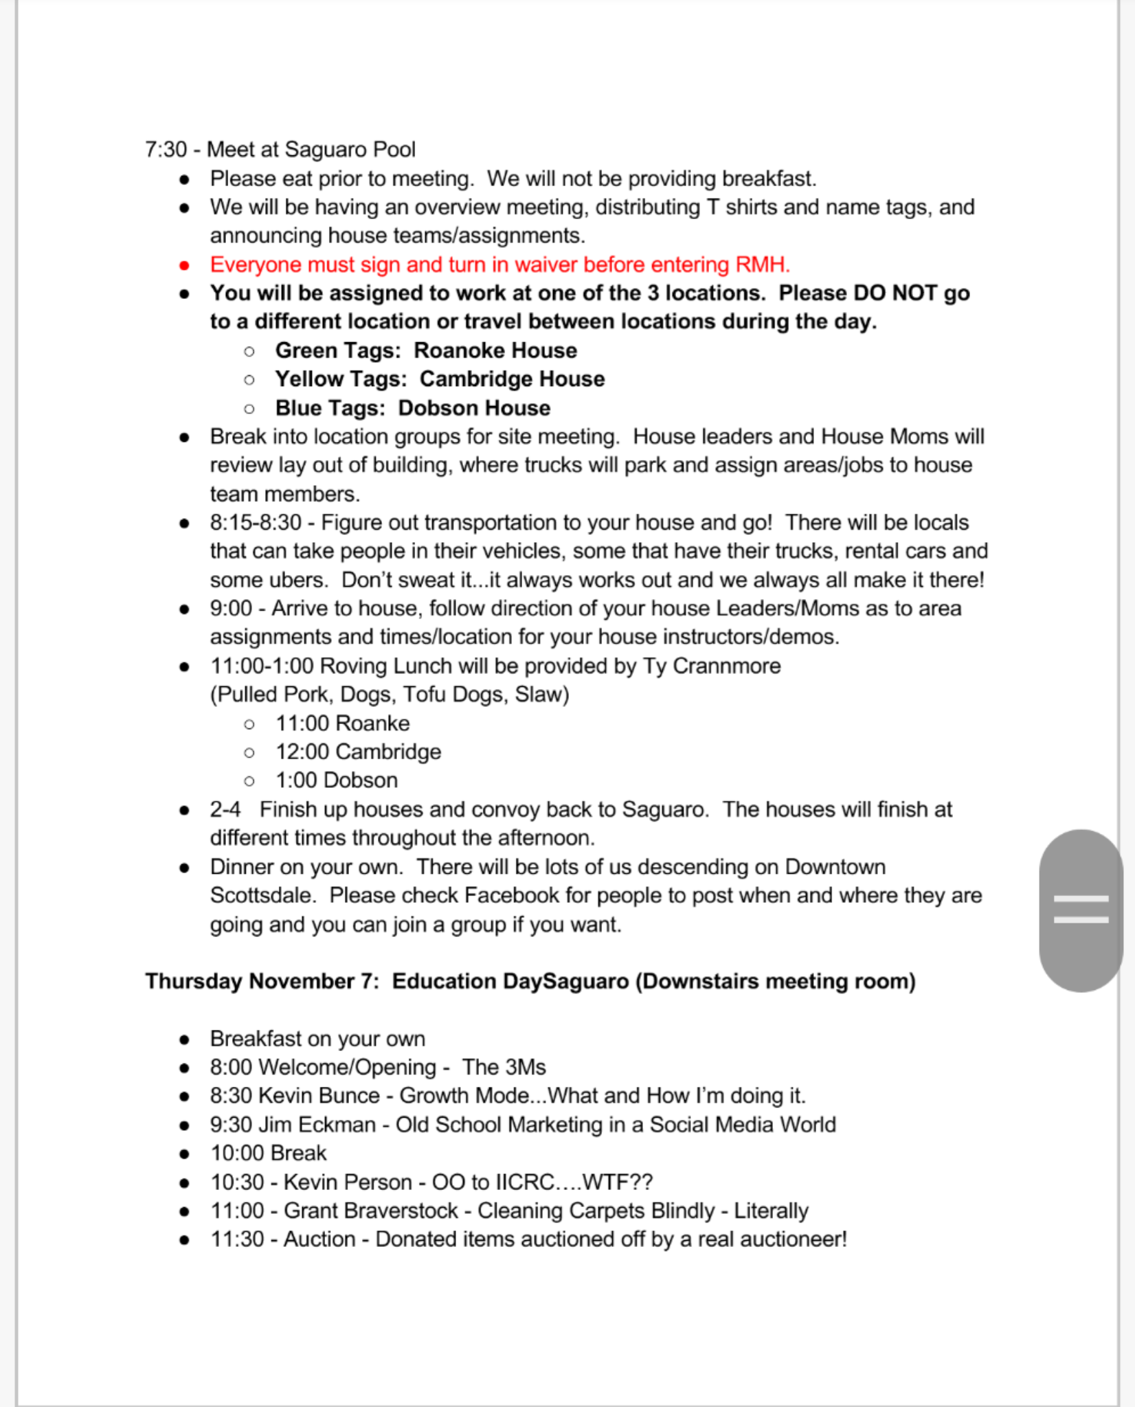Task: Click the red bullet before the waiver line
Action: (x=184, y=265)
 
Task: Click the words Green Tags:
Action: (x=338, y=350)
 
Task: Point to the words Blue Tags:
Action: (x=330, y=408)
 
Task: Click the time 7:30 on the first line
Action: (x=166, y=150)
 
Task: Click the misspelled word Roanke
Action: (x=373, y=723)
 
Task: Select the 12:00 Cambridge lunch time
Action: (x=358, y=752)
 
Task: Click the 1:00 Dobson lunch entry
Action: (x=337, y=780)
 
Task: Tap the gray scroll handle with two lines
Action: (x=1081, y=910)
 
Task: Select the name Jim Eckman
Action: (x=317, y=1124)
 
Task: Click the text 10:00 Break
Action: (x=268, y=1153)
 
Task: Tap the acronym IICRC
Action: (x=524, y=1182)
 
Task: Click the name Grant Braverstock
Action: (x=371, y=1211)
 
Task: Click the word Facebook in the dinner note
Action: (x=512, y=895)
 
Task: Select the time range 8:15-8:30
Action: (x=256, y=523)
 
